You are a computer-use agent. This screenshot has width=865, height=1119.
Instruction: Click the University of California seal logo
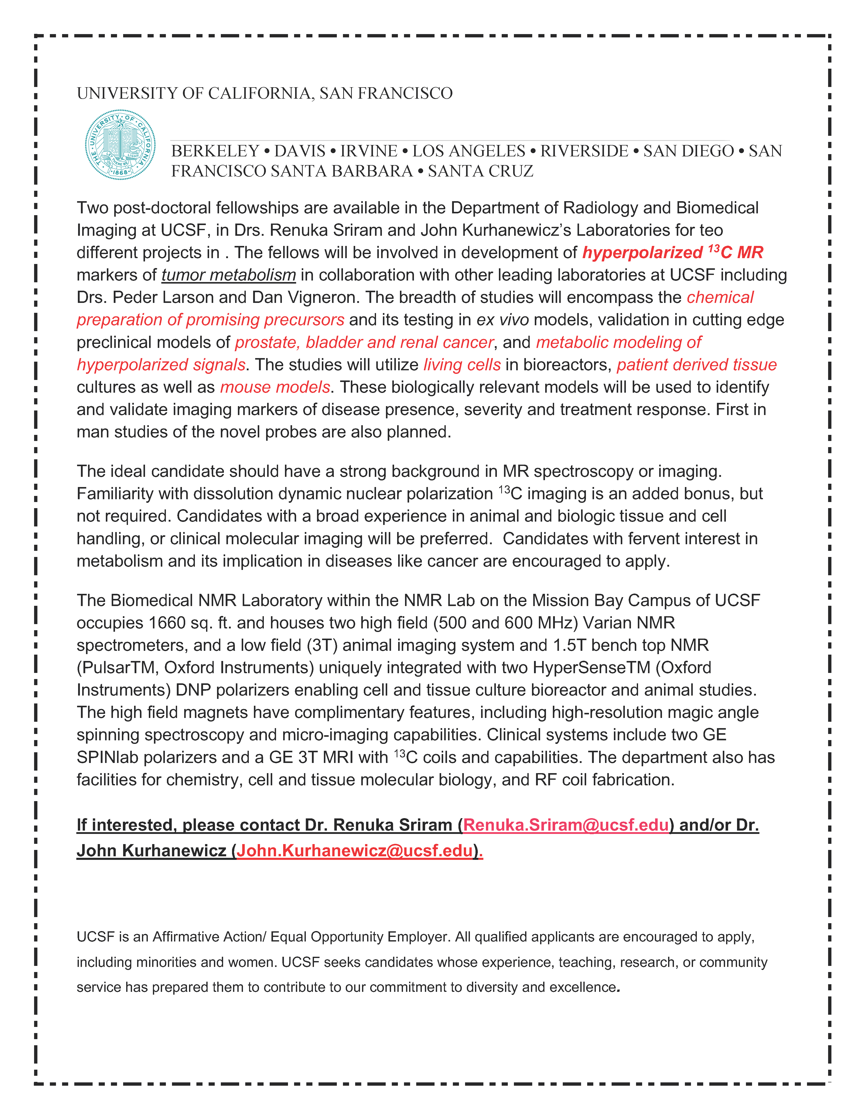point(120,144)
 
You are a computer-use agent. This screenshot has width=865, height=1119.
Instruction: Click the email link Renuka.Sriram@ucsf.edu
point(566,825)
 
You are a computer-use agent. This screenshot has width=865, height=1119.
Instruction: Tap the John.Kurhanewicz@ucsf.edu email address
point(355,850)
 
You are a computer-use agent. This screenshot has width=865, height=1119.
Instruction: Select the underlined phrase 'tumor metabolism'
point(228,275)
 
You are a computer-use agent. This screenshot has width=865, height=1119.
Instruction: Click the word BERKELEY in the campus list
point(215,151)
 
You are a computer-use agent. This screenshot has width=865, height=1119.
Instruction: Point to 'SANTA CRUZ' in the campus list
point(481,171)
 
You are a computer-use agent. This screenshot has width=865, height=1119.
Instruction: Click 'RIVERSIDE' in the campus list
point(584,151)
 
